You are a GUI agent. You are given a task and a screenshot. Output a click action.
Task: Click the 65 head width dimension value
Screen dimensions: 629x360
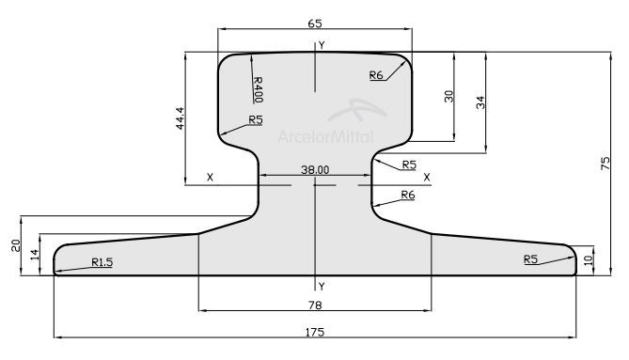point(315,23)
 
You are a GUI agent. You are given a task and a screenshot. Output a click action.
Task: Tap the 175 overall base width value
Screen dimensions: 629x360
point(315,332)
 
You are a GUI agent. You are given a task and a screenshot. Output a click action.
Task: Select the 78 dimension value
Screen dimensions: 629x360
point(315,305)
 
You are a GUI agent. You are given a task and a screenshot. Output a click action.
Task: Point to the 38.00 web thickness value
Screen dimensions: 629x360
point(315,169)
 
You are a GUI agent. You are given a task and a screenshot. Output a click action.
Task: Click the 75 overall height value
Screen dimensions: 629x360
point(605,164)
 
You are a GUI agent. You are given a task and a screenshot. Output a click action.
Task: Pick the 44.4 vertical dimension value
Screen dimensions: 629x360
point(180,118)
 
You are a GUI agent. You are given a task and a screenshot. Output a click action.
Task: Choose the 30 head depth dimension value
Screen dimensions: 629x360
point(448,96)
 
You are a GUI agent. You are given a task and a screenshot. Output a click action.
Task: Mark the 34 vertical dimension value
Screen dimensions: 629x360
point(480,102)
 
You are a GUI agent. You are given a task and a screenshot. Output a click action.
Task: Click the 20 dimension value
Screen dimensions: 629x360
point(16,245)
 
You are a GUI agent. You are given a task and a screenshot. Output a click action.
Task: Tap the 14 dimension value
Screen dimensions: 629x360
point(35,254)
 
